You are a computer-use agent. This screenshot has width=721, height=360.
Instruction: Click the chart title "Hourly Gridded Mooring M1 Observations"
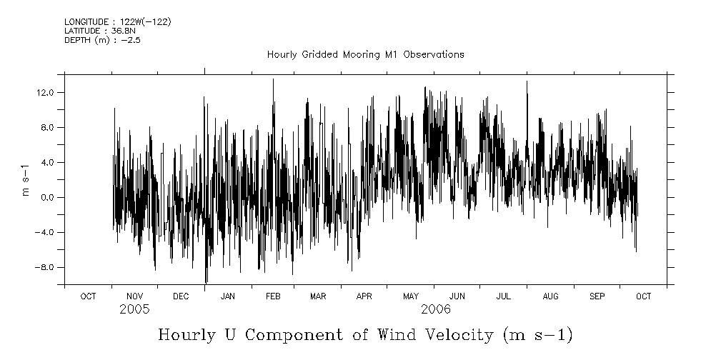(x=365, y=54)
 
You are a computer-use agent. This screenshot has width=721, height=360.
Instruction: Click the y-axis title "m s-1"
(x=26, y=180)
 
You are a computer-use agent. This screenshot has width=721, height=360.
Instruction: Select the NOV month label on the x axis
(x=134, y=296)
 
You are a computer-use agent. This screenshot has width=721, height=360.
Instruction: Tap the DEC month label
(x=181, y=296)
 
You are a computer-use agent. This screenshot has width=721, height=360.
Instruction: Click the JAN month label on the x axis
(x=228, y=296)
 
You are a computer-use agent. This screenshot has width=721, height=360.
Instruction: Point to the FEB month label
(x=274, y=296)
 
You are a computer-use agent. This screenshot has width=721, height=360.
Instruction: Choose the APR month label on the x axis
(x=364, y=296)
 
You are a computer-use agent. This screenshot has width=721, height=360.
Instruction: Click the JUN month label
(x=457, y=296)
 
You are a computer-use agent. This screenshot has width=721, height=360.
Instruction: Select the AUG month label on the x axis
(x=550, y=296)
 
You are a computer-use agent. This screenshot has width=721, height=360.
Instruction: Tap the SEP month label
(x=597, y=296)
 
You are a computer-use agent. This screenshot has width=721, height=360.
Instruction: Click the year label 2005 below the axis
(x=134, y=310)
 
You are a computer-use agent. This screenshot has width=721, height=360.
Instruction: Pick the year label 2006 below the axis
(x=435, y=310)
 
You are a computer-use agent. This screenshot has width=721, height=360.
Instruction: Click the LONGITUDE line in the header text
(x=117, y=22)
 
